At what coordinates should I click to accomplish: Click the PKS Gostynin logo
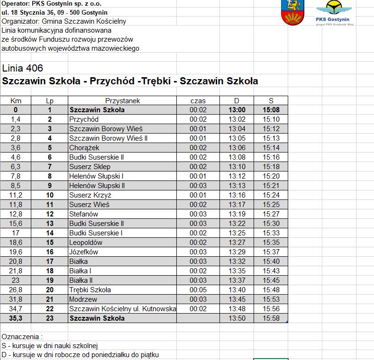tap(335, 13)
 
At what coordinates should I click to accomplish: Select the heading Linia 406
tap(22, 68)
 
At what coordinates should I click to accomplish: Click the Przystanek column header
tap(122, 100)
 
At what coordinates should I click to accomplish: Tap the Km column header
tap(16, 100)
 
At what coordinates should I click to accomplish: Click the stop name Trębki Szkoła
tap(90, 290)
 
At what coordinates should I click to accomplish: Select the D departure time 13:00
tap(237, 110)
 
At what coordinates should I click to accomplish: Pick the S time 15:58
tap(271, 318)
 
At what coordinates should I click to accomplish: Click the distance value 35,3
tap(16, 318)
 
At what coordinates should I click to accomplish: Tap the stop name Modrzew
tap(83, 299)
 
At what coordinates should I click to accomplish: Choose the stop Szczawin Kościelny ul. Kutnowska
tap(122, 309)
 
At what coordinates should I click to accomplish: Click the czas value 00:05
tap(198, 290)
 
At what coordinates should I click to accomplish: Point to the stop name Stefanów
tap(83, 214)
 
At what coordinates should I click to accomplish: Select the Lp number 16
tap(50, 252)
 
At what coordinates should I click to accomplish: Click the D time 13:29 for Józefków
tap(237, 252)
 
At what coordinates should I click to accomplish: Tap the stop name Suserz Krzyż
tap(90, 195)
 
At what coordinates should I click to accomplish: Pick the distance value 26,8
tap(16, 290)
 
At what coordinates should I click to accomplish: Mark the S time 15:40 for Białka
tap(271, 261)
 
